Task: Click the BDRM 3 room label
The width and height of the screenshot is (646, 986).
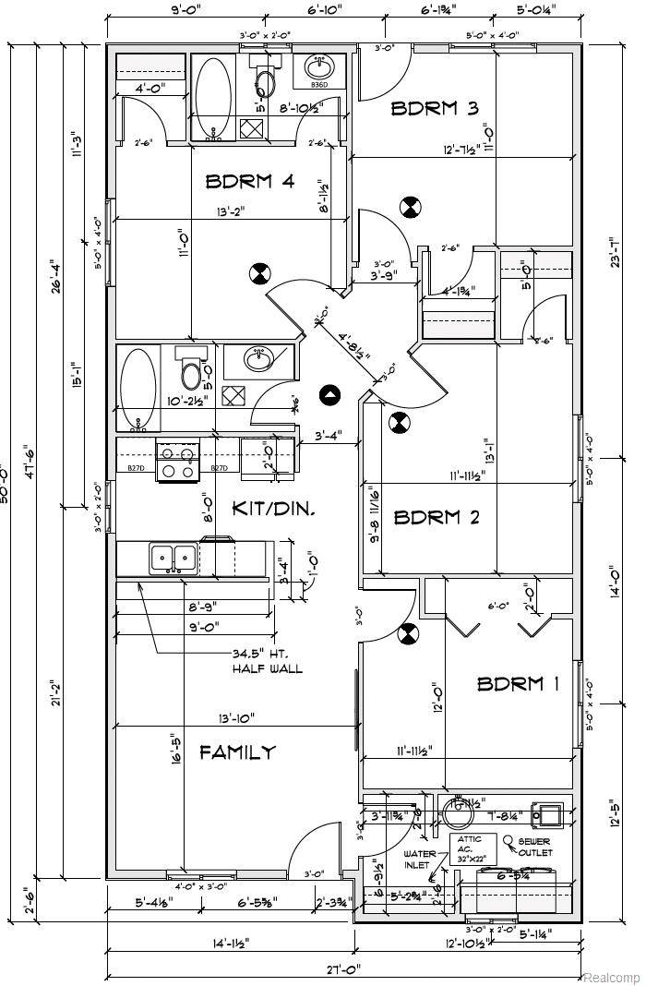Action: pyautogui.click(x=435, y=108)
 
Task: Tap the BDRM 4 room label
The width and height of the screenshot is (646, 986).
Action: pyautogui.click(x=249, y=182)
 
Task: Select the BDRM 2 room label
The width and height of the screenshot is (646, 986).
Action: pyautogui.click(x=437, y=517)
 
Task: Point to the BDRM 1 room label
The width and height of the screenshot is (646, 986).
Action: pyautogui.click(x=518, y=684)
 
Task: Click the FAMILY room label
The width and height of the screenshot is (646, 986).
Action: pyautogui.click(x=237, y=752)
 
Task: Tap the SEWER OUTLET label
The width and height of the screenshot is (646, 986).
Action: pyautogui.click(x=534, y=848)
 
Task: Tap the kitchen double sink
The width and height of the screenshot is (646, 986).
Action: pyautogui.click(x=173, y=558)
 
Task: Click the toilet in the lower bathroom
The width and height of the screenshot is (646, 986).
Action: pyautogui.click(x=191, y=372)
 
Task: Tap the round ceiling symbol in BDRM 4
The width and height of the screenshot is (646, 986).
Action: pyautogui.click(x=259, y=274)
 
